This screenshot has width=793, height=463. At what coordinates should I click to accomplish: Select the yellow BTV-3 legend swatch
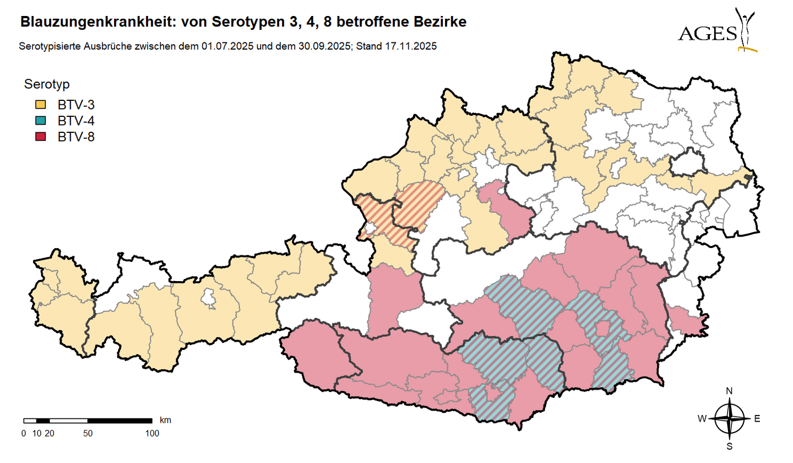point(41,104)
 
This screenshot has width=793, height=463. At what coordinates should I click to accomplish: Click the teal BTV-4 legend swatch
point(41,121)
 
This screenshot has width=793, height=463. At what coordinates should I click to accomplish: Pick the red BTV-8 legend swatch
point(41,137)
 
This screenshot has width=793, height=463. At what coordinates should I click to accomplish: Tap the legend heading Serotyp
point(46,84)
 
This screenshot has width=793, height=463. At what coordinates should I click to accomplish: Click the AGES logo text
point(707,34)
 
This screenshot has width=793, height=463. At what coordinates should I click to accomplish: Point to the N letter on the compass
point(730,391)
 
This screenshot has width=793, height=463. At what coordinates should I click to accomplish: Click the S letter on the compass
point(730,446)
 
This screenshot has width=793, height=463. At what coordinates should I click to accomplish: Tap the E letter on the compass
point(757,419)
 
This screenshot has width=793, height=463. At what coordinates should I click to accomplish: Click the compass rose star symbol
point(730,419)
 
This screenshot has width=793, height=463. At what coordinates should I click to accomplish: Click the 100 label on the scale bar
point(152,433)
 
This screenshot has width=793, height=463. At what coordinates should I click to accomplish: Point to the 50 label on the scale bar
point(88,433)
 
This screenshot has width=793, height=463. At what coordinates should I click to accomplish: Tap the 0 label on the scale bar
point(23,433)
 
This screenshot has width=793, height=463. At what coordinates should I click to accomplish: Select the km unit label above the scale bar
point(165,420)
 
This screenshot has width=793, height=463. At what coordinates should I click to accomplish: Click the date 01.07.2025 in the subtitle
point(227,47)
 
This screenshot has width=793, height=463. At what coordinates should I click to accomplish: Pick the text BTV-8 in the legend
point(76,137)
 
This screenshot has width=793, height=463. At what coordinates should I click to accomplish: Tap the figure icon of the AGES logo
point(747,30)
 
